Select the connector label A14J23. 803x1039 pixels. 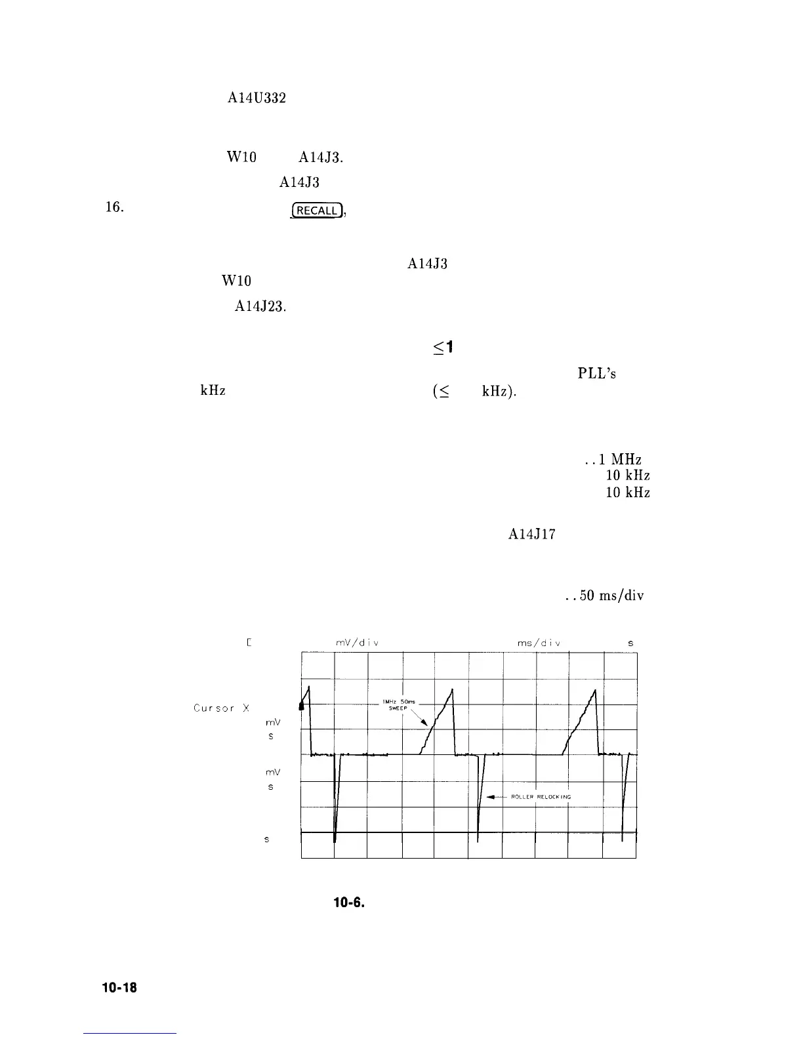260,306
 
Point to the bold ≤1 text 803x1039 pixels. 443,347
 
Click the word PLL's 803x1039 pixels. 596,374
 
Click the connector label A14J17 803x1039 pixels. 532,535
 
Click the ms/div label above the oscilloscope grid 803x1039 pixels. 538,643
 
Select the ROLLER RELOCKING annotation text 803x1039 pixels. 541,797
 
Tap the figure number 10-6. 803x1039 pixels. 348,903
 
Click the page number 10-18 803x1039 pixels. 119,988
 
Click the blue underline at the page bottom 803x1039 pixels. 130,1034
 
